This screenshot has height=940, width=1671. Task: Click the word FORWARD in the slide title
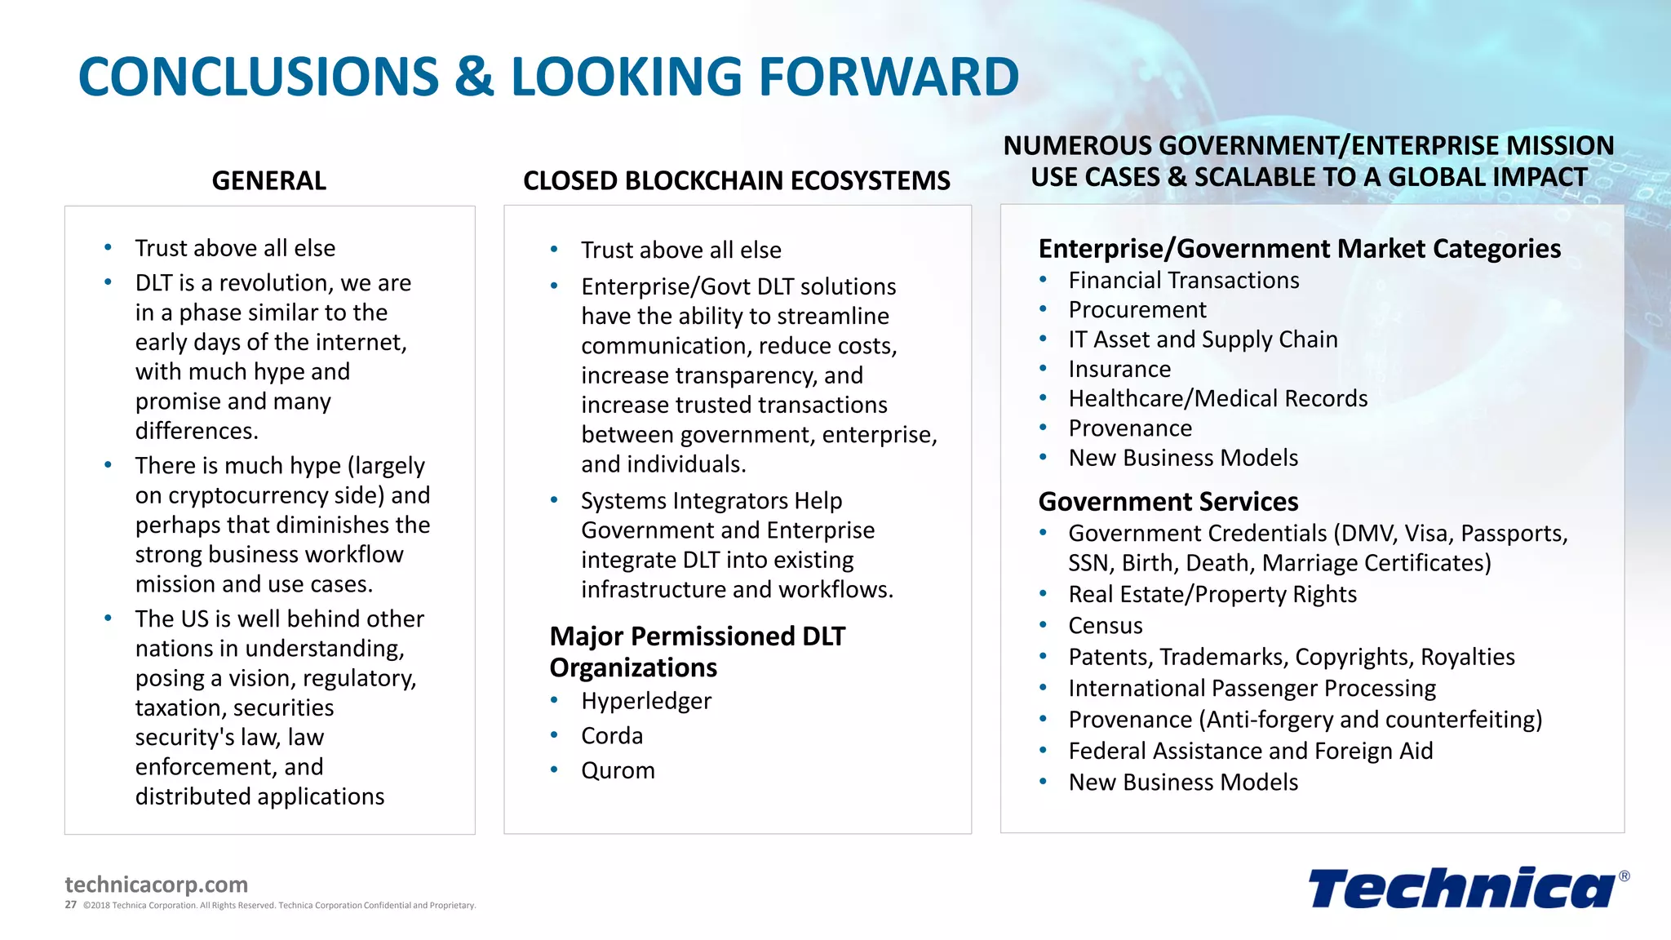pos(889,77)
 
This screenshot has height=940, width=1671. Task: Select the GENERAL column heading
pos(268,180)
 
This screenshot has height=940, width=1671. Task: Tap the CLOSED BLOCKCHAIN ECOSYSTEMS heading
pos(736,180)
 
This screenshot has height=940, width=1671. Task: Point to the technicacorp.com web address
pos(156,885)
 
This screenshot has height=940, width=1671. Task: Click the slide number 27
pos(71,905)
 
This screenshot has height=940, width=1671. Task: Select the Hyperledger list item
pos(645,701)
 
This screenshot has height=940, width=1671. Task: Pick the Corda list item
pos(612,736)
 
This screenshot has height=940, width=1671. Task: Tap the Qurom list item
pos(618,770)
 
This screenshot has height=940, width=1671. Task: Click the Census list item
pos(1105,626)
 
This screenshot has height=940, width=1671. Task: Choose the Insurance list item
pos(1119,370)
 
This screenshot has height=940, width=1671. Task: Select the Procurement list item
pos(1137,310)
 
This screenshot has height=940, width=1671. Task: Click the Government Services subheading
pos(1168,501)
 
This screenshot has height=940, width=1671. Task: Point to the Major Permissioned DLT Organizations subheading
pos(697,651)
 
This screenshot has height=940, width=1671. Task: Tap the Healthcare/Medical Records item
pos(1217,399)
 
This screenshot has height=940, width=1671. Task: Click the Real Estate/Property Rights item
pos(1212,595)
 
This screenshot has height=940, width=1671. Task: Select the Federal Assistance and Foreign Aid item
pos(1250,751)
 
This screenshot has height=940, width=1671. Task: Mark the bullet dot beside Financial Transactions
pos(1043,280)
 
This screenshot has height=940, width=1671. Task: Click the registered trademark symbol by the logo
pos(1624,876)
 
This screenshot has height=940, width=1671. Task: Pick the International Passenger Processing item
pos(1252,689)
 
